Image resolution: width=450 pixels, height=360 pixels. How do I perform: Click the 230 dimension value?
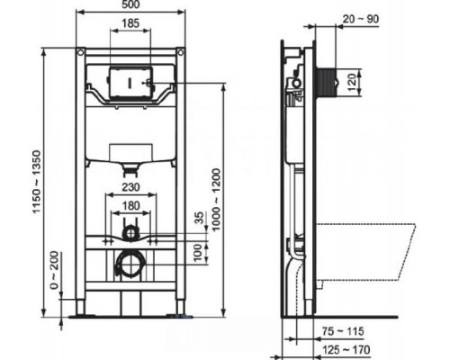click(x=130, y=187)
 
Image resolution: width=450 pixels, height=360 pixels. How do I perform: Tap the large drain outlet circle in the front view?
click(x=130, y=266)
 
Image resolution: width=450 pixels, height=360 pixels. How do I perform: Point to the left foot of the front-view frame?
click(x=80, y=315)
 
